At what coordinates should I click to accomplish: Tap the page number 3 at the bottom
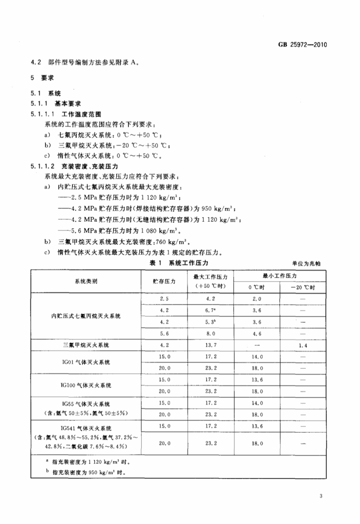(321, 497)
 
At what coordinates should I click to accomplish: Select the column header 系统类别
(86, 281)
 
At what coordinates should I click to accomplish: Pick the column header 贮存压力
(164, 281)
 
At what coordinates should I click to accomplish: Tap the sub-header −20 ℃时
(302, 287)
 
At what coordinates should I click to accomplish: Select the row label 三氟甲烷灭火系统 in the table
(86, 345)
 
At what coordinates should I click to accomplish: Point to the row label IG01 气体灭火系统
(86, 362)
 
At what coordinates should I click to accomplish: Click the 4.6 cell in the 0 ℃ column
(257, 334)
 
